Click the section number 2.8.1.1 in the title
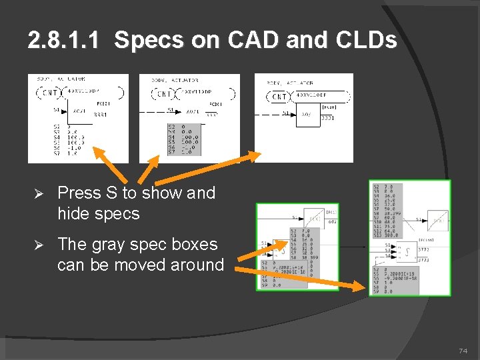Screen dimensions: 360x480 64,41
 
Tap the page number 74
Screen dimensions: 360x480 463,351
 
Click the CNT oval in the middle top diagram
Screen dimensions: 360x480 163,94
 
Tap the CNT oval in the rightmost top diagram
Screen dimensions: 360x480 280,97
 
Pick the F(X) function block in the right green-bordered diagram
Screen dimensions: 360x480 437,220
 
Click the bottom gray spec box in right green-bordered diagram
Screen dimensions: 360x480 387,279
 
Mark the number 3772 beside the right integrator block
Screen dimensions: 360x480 424,248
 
